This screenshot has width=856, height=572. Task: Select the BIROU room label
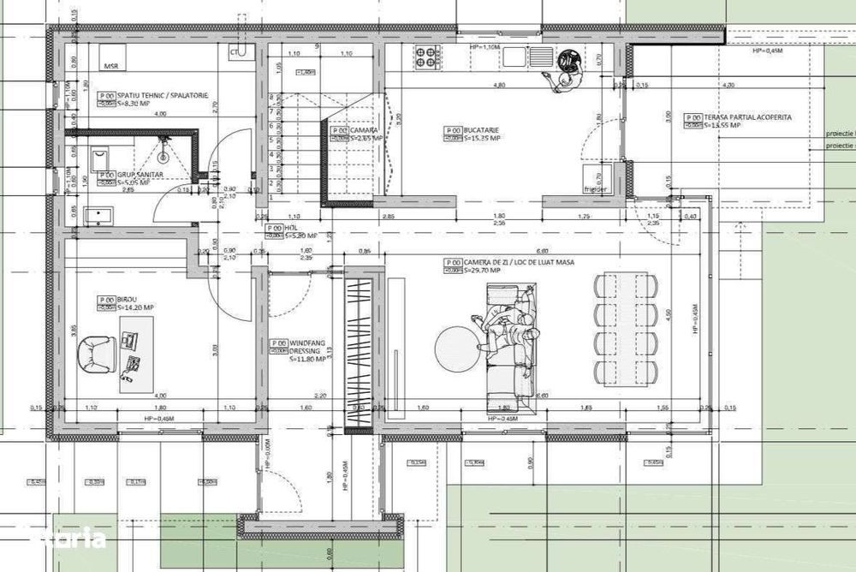127,300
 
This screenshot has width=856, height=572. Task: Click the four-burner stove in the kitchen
427,57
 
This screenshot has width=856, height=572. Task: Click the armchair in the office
99,354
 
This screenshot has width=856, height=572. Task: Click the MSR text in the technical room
110,66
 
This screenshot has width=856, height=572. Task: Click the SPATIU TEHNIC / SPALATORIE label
163,96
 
